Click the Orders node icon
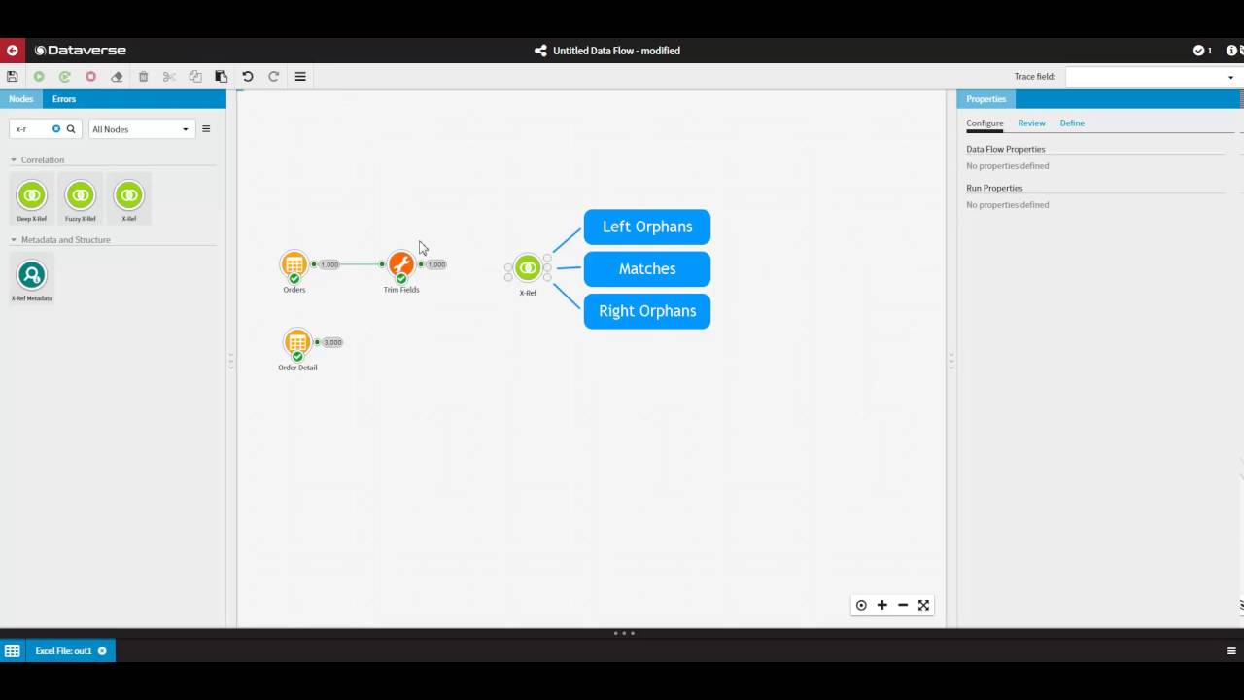[294, 263]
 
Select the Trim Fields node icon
[400, 263]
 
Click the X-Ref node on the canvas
[528, 267]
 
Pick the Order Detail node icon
[297, 341]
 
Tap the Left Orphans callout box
[647, 227]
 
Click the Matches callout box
[647, 269]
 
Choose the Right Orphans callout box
[647, 311]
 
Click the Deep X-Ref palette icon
[32, 195]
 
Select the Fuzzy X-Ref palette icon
[81, 195]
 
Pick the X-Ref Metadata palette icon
[32, 275]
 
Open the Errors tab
[64, 99]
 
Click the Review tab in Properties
[1031, 123]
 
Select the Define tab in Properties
[1072, 123]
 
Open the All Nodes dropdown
[140, 129]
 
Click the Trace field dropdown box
[1153, 77]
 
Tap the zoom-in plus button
[882, 605]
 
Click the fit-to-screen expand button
[923, 605]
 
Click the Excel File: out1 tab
[63, 651]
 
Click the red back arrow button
[13, 51]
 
